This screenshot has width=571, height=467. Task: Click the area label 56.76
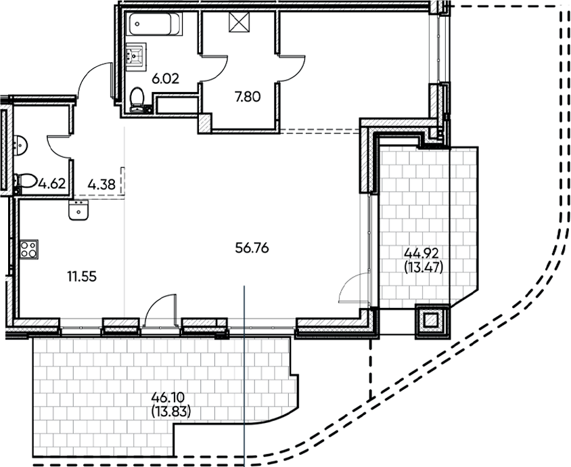pos(252,248)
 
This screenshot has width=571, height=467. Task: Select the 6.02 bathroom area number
pos(165,79)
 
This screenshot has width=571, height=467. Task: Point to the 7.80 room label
pos(247,96)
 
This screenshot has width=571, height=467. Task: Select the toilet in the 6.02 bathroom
pos(138,99)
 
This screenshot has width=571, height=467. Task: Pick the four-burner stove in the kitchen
pos(28,248)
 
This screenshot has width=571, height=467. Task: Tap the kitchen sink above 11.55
pos(78,211)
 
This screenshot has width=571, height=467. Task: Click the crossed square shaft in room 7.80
pos(239,23)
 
